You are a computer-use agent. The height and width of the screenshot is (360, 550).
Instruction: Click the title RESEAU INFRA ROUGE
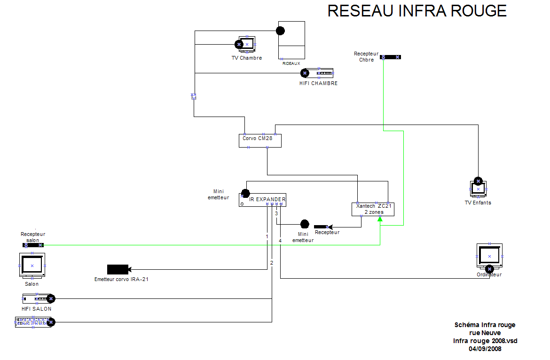[x=417, y=11]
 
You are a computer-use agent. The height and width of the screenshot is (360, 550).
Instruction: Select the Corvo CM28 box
[x=260, y=141]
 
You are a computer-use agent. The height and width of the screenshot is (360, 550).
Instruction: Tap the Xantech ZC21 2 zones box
[x=373, y=209]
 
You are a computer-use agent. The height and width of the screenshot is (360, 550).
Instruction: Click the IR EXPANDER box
[x=262, y=200]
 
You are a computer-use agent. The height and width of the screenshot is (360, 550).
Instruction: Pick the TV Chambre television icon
[x=247, y=44]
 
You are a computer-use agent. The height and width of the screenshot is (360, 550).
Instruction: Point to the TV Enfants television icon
[x=478, y=189]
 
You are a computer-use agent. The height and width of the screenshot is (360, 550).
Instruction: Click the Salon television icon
[x=32, y=266]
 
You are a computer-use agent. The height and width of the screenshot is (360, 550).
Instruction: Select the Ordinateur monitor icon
[x=489, y=257]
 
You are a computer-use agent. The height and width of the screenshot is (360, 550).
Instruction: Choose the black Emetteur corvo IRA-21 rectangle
[x=117, y=269]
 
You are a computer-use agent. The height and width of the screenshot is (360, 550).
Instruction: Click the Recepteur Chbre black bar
[x=390, y=57]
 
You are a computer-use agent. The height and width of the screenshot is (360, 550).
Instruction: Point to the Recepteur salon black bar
[x=33, y=245]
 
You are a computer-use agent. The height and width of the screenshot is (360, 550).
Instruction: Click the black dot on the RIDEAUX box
[x=280, y=31]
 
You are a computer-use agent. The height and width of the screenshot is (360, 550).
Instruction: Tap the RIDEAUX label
[x=291, y=63]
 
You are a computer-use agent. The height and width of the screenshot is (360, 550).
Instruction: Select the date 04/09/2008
[x=485, y=349]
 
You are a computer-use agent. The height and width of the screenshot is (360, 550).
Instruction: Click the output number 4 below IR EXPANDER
[x=280, y=241]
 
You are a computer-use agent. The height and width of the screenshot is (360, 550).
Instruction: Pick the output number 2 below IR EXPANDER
[x=272, y=262]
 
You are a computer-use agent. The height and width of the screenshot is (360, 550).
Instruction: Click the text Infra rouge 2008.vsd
[x=485, y=341]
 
